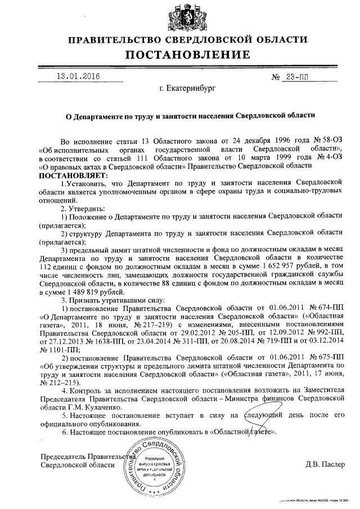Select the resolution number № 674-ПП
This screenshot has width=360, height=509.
coord(326,309)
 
